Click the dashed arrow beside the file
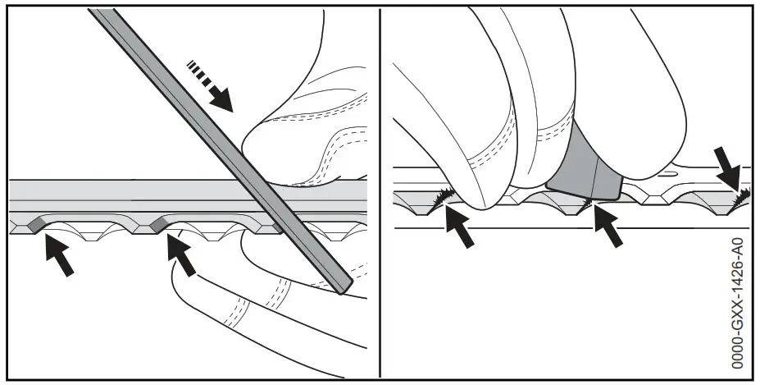[209, 85]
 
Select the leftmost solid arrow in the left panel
[57, 254]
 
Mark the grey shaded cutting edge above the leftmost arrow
[38, 222]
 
